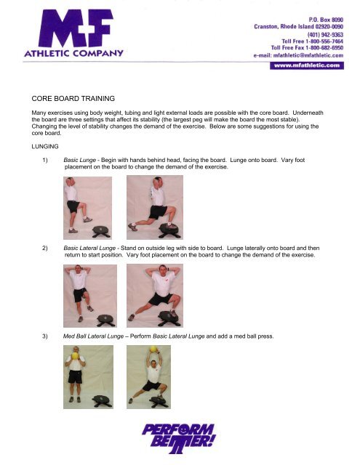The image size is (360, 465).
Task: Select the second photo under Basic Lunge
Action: [151, 206]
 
